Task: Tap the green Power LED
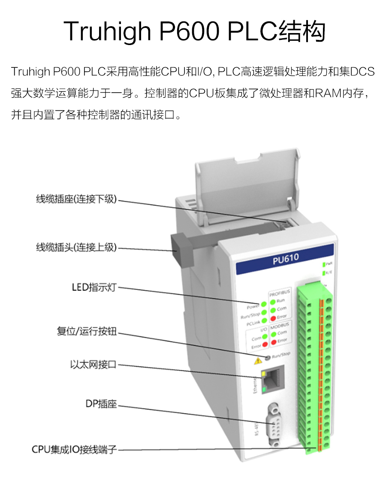(263, 304)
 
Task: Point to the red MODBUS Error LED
(273, 340)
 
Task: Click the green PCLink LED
(263, 321)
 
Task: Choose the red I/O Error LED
(265, 345)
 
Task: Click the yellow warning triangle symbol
(258, 360)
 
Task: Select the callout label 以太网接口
(93, 365)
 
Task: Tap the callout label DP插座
(101, 404)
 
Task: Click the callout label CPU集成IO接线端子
(74, 450)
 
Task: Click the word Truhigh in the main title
(107, 31)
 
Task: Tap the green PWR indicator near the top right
(324, 263)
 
